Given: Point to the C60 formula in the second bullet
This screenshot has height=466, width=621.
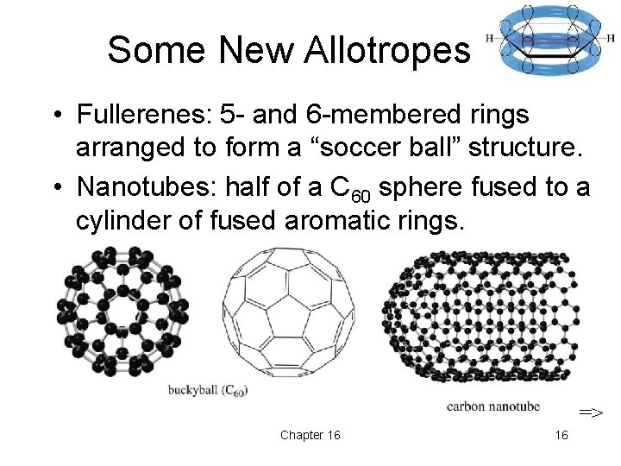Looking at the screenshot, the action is coord(352,187).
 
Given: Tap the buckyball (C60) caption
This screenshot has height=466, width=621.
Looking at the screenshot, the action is coord(208,391).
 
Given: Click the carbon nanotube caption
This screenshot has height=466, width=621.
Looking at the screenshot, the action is coord(493,405).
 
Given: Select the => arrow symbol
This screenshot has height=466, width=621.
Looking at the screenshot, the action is coord(591,412).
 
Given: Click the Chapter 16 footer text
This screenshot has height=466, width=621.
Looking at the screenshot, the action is coord(310,435).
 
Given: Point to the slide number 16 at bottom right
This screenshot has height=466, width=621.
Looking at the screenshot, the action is coord(561,435).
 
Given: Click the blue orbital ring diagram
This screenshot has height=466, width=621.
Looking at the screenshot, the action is coord(549,40).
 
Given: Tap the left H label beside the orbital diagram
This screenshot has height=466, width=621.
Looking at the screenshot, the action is coord(490,38).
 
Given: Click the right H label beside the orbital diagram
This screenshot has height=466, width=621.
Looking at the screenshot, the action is coord(611,39).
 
